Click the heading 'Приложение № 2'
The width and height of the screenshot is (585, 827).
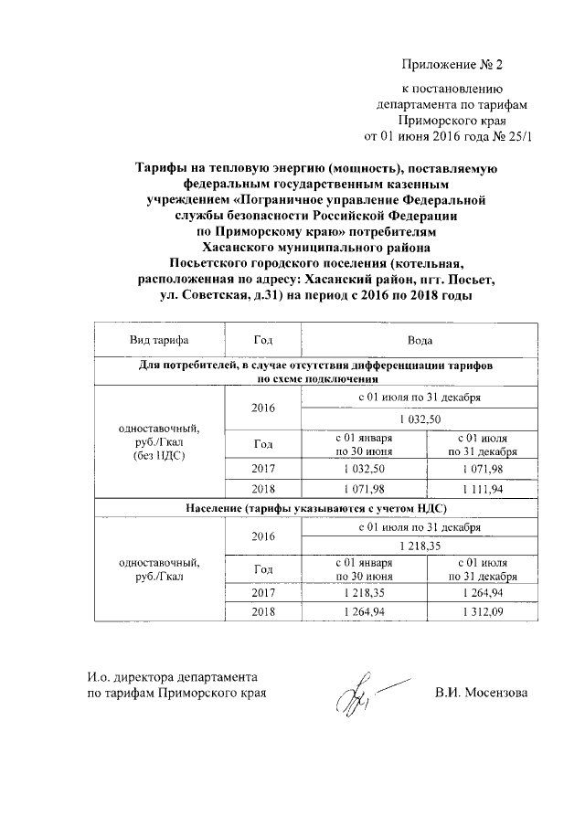[x=453, y=64]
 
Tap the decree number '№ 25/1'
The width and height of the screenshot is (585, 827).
[x=512, y=137]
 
